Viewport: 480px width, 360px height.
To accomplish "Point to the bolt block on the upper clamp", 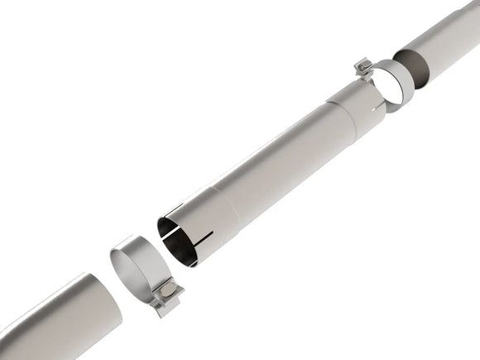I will (x=361, y=65).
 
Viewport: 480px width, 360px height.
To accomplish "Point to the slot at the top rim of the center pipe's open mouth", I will (x=173, y=210).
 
